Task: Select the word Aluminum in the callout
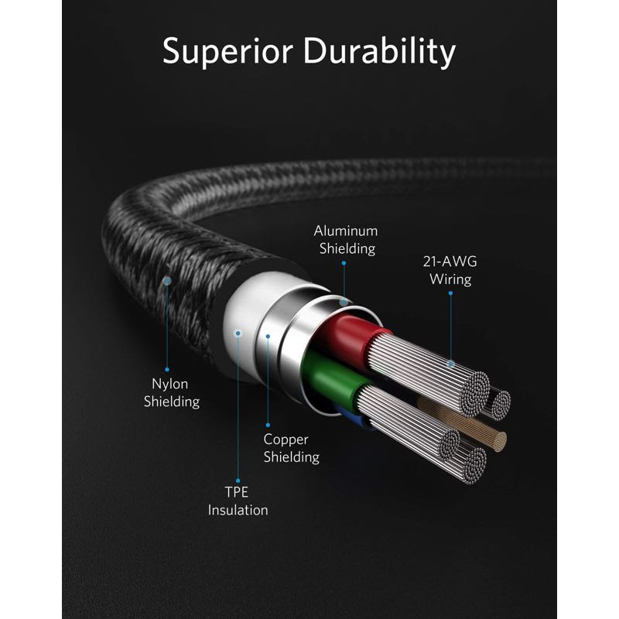(345, 231)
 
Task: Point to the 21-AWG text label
(450, 262)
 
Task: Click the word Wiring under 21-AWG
(450, 279)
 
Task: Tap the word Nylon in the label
(169, 384)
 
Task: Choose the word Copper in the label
(286, 439)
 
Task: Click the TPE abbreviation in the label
(238, 493)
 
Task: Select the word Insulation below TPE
(238, 511)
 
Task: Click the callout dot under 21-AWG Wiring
(451, 364)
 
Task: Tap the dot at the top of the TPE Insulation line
(238, 332)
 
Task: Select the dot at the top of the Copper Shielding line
(268, 336)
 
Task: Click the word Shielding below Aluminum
(345, 248)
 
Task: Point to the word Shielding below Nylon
(175, 402)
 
